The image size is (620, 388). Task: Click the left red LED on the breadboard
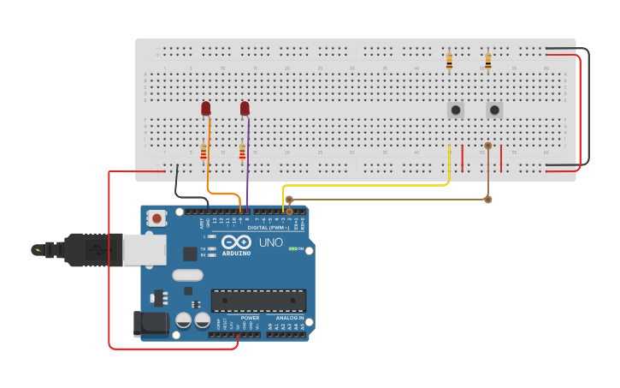(x=205, y=109)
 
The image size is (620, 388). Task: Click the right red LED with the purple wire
(x=245, y=109)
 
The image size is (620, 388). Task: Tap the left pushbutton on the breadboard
(x=456, y=110)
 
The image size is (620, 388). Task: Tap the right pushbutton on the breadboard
(x=494, y=110)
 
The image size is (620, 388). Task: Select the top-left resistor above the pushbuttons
(x=449, y=61)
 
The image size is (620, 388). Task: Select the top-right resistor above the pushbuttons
(x=487, y=61)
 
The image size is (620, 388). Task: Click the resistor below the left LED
(x=204, y=152)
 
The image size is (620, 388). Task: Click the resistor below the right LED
(x=242, y=152)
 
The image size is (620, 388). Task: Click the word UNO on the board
(x=270, y=242)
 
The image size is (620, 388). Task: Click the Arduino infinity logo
(x=236, y=242)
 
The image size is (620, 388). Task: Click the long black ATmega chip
(x=258, y=300)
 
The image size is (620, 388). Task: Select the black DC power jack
(x=147, y=323)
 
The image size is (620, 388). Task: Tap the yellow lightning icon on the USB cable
(x=36, y=250)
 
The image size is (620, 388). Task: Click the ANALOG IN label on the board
(x=289, y=318)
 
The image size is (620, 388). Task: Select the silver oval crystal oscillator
(x=187, y=275)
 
